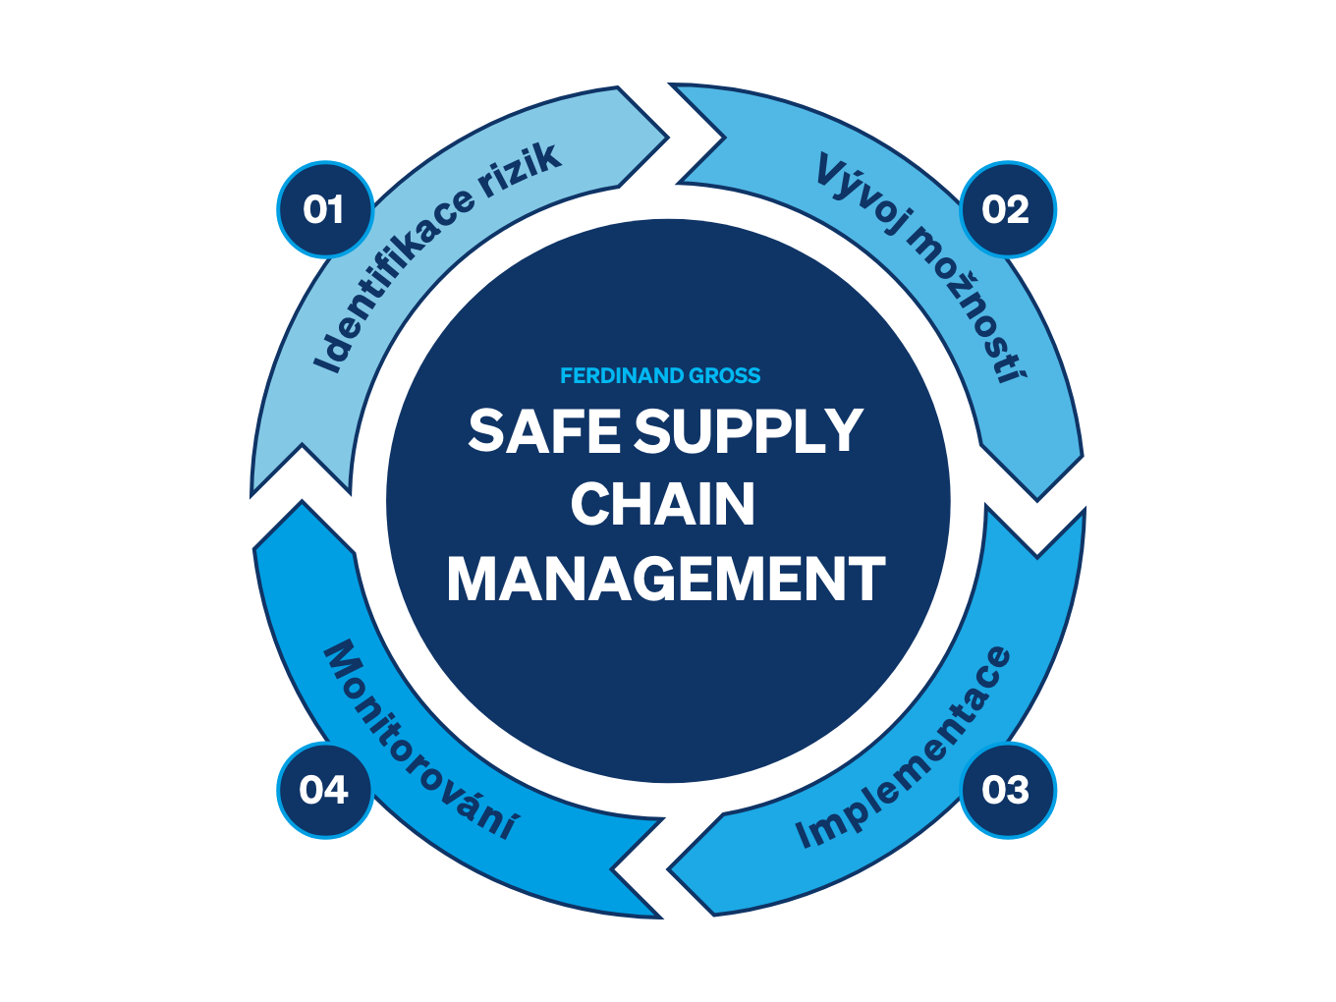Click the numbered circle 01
click(325, 210)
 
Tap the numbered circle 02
click(1008, 210)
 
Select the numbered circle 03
click(1008, 790)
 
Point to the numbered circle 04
click(325, 790)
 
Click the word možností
click(969, 305)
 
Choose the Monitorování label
click(420, 739)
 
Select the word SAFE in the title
click(544, 430)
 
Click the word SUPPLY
click(749, 430)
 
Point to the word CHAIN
click(663, 504)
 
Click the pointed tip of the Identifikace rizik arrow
click(668, 138)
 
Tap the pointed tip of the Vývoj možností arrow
click(1037, 500)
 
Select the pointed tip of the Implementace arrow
click(668, 869)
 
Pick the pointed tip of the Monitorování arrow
click(302, 501)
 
